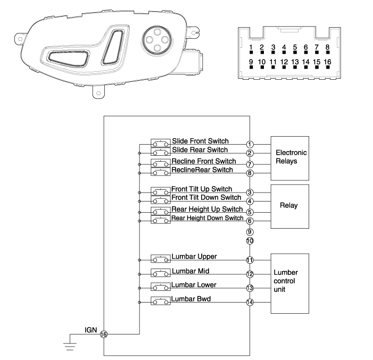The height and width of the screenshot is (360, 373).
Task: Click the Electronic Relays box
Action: [291, 158]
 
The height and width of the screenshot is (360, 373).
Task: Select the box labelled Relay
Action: [291, 206]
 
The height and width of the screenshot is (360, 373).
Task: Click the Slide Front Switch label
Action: [200, 141]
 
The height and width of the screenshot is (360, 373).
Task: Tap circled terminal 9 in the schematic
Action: [250, 232]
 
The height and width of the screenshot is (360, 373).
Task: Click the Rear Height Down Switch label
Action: [208, 219]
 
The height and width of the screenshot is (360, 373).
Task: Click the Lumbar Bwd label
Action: [191, 299]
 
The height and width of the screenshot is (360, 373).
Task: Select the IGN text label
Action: [90, 330]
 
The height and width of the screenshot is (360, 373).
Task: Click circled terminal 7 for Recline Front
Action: [250, 164]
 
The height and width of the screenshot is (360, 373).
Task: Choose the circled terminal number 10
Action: [250, 241]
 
